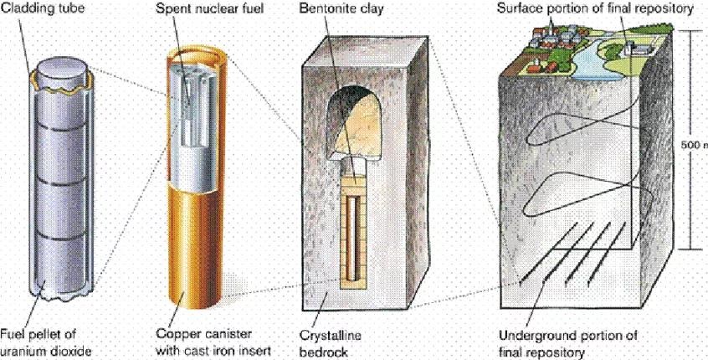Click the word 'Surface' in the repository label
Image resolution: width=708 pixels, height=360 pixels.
pyautogui.click(x=519, y=8)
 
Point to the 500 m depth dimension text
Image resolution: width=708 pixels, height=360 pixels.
pyautogui.click(x=694, y=145)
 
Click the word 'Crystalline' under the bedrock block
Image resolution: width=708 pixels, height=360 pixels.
pyautogui.click(x=331, y=336)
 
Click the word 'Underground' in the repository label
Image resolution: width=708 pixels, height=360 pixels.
pyautogui.click(x=532, y=336)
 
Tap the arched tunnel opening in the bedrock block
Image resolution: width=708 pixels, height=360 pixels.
pyautogui.click(x=353, y=122)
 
